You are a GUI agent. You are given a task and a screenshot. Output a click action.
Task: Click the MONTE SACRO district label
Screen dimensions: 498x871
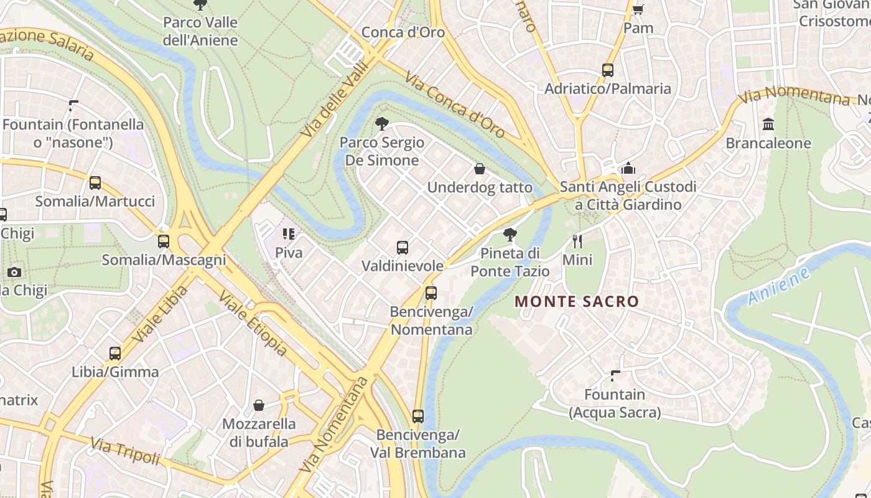tap(577, 302)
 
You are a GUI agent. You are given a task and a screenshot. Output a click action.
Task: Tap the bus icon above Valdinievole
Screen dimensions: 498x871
tap(403, 248)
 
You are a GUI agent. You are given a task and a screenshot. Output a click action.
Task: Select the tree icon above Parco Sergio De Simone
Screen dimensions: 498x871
tap(382, 123)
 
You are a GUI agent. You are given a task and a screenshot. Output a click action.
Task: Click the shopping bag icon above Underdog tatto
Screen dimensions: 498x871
tap(480, 168)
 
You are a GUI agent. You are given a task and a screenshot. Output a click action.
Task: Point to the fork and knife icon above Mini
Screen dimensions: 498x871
tap(577, 241)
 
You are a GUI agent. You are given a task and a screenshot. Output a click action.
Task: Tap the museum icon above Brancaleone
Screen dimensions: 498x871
tap(768, 125)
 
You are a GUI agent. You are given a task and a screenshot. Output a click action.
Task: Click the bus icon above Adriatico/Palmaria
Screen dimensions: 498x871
tap(607, 70)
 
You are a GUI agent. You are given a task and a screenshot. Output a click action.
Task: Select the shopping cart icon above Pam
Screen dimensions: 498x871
tap(638, 10)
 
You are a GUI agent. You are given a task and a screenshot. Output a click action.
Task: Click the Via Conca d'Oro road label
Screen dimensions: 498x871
tap(455, 105)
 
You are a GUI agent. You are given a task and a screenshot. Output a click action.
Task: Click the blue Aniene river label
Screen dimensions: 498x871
tap(779, 286)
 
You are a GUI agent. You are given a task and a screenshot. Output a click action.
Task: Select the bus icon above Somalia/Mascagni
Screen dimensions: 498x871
tap(164, 242)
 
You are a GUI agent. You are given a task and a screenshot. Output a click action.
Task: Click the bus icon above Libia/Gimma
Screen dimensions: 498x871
tap(115, 354)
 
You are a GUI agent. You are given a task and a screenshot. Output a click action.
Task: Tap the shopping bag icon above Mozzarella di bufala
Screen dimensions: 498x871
tap(259, 406)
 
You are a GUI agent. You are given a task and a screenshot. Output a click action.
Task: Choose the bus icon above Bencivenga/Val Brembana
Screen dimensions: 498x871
tap(418, 416)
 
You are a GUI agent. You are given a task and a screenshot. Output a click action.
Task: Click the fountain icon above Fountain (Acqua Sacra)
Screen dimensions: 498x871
tap(615, 376)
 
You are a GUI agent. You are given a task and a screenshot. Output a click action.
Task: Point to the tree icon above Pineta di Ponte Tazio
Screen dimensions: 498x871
tap(510, 235)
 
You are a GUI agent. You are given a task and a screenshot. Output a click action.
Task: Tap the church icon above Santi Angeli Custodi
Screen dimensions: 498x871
tap(628, 169)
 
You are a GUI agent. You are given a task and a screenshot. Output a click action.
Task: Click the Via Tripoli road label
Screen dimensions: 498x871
tap(126, 451)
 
